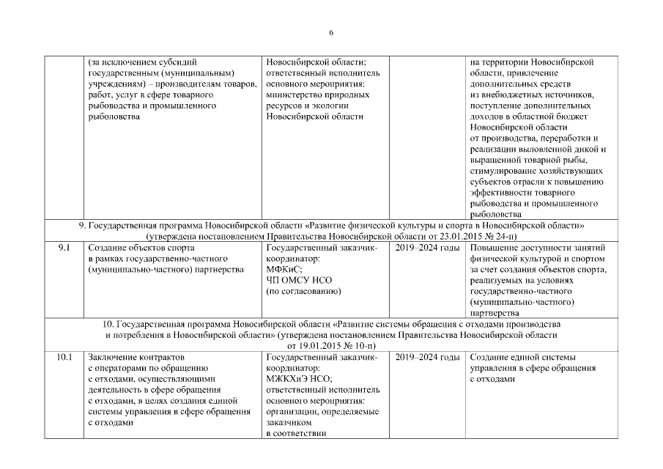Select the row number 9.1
tap(64, 248)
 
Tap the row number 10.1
tap(64, 357)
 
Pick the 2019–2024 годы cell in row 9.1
tap(427, 248)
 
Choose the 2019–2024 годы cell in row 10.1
tap(427, 357)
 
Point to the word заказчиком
tap(289, 422)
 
